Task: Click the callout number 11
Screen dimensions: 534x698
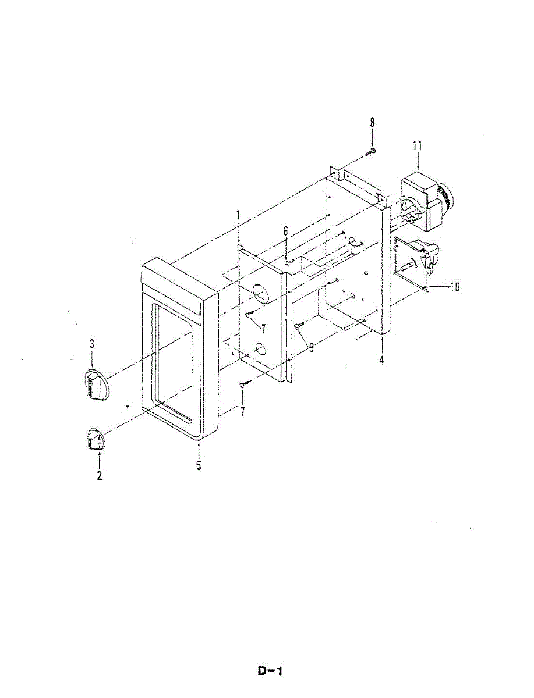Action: tap(418, 146)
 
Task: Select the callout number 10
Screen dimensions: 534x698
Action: tap(454, 287)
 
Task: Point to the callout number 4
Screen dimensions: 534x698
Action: tap(381, 361)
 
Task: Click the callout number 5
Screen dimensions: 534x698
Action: tap(199, 466)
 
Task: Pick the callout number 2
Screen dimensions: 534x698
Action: tap(100, 476)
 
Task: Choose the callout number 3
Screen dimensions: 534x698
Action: tap(92, 344)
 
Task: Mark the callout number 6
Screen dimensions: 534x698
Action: tap(286, 231)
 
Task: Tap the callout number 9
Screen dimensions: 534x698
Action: tap(312, 348)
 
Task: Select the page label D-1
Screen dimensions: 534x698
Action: tap(270, 671)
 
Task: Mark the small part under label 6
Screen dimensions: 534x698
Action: tap(288, 263)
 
